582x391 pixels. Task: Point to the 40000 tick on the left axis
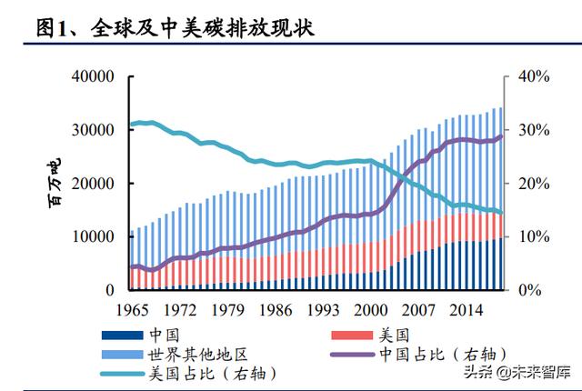pos(92,77)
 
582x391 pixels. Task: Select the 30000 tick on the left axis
pos(92,130)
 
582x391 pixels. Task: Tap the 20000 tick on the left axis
pos(92,184)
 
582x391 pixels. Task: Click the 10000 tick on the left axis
pos(92,236)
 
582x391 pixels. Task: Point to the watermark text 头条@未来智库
pos(518,371)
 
